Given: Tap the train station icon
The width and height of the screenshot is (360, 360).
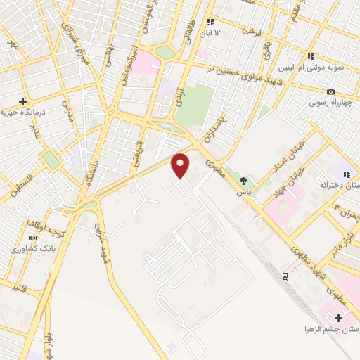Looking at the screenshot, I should point(285,275).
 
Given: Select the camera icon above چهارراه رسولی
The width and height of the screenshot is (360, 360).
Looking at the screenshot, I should point(330,92).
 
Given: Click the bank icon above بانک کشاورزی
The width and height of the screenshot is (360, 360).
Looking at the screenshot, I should point(32,238).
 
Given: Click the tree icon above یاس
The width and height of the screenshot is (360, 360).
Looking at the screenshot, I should point(243,181).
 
